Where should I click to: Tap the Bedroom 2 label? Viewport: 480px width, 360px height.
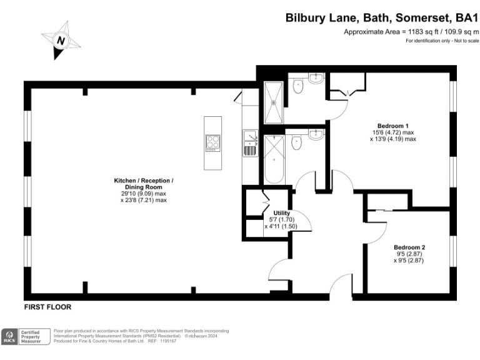click(x=409, y=247)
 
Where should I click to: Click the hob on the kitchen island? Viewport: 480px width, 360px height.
click(x=212, y=143)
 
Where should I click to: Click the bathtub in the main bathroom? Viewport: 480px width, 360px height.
click(x=273, y=160)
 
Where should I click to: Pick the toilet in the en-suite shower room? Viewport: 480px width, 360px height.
click(x=297, y=86)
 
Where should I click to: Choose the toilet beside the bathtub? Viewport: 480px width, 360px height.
click(x=297, y=143)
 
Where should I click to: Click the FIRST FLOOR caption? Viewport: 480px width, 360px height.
click(x=47, y=307)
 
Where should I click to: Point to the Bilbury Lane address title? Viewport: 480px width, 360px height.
click(x=382, y=18)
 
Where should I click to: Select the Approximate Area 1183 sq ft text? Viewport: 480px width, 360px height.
click(x=411, y=31)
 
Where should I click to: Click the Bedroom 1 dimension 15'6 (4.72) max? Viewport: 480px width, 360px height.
click(x=392, y=132)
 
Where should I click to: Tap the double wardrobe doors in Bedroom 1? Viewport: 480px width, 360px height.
click(x=346, y=93)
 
